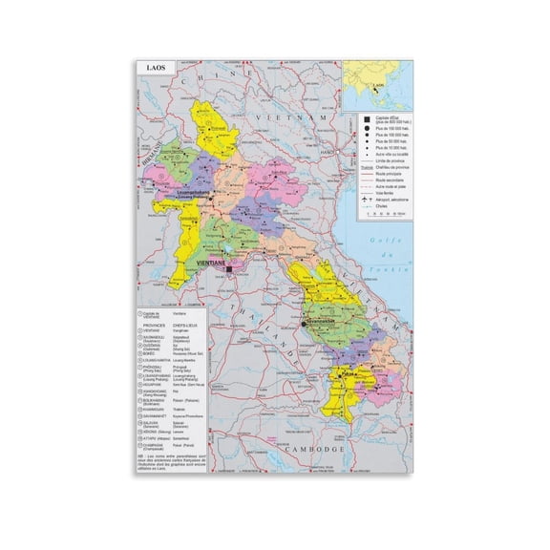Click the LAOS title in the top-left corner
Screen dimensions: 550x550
pyautogui.click(x=153, y=69)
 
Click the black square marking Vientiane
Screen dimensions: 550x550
pyautogui.click(x=230, y=271)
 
